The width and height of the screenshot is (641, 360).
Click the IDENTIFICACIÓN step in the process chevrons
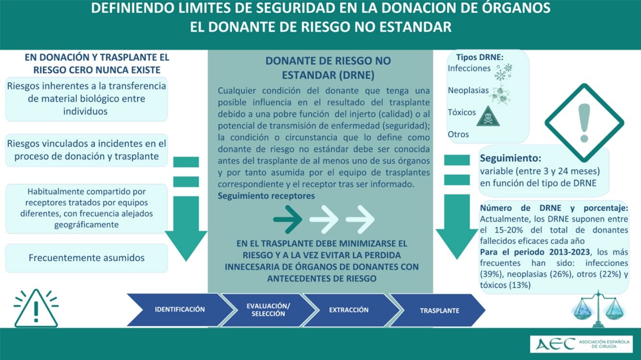pos(179,310)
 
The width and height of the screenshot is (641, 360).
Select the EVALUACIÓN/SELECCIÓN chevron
pos(268,310)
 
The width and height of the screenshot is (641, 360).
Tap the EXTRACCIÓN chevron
pos(349,310)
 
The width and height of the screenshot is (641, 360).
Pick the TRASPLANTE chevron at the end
pos(439,311)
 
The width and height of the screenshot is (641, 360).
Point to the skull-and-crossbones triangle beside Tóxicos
pos(488,117)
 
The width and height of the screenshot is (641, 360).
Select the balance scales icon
pos(598,308)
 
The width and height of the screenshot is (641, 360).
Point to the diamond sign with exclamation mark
pos(584,120)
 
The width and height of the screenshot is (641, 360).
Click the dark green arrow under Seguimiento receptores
pos(288,219)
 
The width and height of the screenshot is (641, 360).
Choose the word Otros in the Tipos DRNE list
pos(458,134)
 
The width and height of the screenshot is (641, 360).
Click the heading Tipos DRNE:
pos(479,57)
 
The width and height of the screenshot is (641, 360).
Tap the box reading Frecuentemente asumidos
pos(87,258)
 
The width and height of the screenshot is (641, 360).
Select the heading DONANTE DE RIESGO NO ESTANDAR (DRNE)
pos(328,68)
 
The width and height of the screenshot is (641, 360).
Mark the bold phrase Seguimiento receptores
pos(266,196)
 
